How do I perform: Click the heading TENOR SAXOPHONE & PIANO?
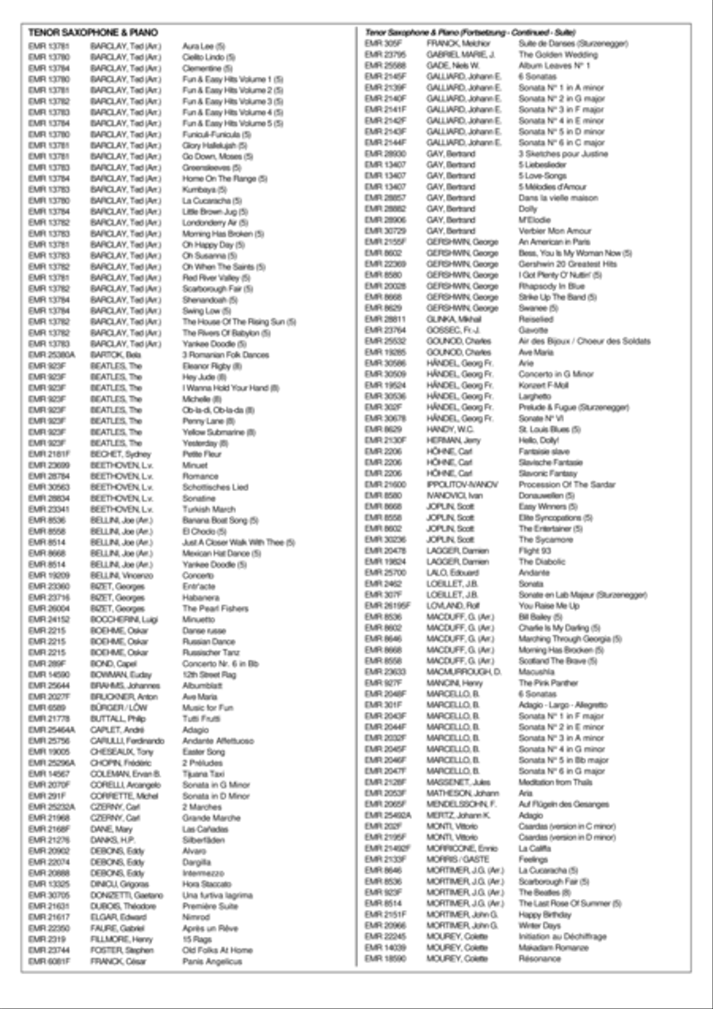(x=93, y=32)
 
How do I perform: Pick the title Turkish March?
(x=208, y=509)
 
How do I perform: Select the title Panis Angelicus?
(x=212, y=961)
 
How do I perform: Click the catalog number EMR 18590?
(x=384, y=958)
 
